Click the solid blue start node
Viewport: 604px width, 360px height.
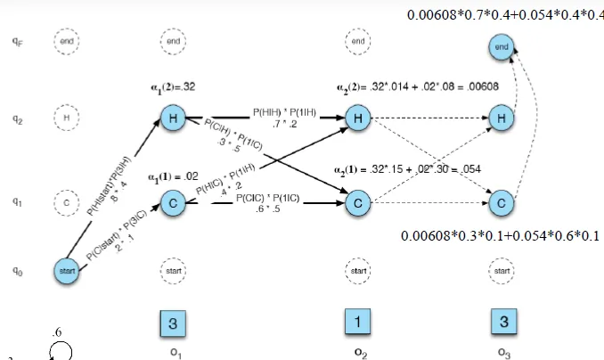pyautogui.click(x=73, y=266)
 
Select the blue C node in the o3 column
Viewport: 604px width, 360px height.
pyautogui.click(x=502, y=203)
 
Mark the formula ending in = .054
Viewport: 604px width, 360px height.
pyautogui.click(x=407, y=169)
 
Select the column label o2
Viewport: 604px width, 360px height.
pyautogui.click(x=358, y=351)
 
